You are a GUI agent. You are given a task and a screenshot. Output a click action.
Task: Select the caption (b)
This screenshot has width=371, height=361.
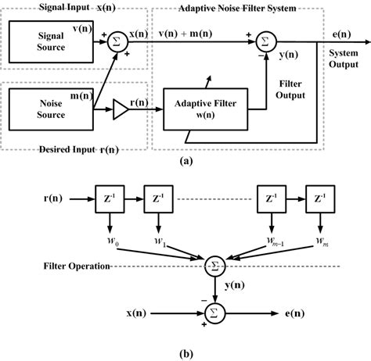coord(185,351)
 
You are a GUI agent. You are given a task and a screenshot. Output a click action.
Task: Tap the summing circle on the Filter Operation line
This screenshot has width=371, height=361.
coord(214,266)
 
